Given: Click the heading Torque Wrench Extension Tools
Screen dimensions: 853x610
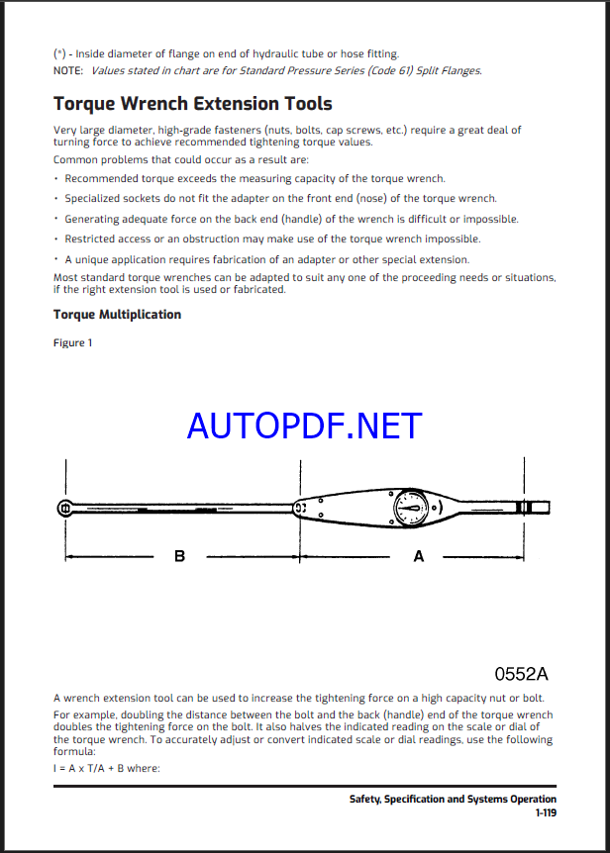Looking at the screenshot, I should (x=192, y=104).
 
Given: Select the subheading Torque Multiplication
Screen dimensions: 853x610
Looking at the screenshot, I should (x=117, y=315).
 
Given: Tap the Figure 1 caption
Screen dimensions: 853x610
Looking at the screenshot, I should (x=72, y=343).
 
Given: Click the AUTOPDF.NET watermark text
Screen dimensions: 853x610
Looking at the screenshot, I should (x=304, y=426).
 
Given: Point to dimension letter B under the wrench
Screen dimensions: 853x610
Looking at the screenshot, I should (x=179, y=557).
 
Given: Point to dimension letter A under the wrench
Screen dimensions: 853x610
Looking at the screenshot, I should (x=419, y=557).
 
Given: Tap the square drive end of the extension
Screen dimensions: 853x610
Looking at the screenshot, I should (x=65, y=509).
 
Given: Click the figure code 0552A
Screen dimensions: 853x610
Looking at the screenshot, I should (x=521, y=674).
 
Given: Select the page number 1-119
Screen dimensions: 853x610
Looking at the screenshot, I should (x=546, y=812).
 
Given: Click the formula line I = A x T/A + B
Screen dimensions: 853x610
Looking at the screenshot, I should (x=106, y=768).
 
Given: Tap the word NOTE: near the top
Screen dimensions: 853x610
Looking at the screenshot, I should (x=68, y=70).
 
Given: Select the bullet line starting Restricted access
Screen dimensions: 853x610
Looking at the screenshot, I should (x=272, y=238).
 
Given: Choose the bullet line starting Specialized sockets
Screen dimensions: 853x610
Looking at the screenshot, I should (x=280, y=199).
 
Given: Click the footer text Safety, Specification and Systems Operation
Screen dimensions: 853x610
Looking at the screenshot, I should (x=453, y=799).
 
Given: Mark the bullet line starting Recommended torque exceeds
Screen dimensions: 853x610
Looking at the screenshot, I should (x=254, y=179).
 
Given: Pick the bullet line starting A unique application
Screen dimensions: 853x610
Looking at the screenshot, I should (x=266, y=259).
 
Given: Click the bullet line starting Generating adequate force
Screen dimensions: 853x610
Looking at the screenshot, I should (x=291, y=219).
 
